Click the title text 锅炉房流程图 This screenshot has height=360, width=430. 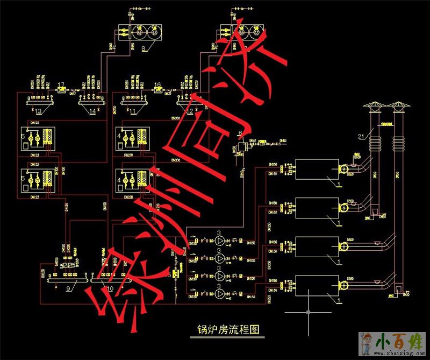pyautogui.click(x=228, y=329)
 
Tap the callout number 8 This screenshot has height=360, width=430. pyautogui.click(x=144, y=48)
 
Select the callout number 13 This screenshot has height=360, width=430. pyautogui.click(x=38, y=111)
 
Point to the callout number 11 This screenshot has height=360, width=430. pyautogui.click(x=133, y=111)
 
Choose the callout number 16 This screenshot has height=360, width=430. pyautogui.click(x=157, y=84)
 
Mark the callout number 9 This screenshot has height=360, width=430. pyautogui.click(x=68, y=288)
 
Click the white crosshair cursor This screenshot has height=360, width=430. pyautogui.click(x=307, y=312)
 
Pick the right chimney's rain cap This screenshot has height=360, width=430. pyautogui.click(x=397, y=104)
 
